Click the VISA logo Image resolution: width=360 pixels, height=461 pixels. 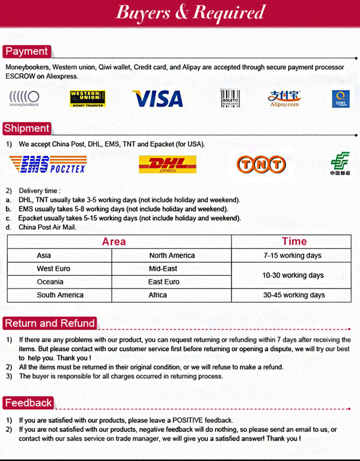coord(158,99)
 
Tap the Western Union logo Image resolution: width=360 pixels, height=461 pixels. coord(88,99)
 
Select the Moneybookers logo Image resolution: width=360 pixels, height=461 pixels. coord(24,99)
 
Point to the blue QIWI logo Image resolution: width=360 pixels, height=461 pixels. coord(341,99)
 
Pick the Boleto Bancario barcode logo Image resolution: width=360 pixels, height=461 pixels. coord(230,99)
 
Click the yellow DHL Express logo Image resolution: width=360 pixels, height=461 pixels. coord(167,164)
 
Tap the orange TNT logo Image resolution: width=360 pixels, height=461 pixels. coord(261,164)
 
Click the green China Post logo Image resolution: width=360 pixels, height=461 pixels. coord(340,163)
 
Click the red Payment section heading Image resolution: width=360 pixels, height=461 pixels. coord(27,52)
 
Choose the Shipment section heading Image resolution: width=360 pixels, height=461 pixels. coord(27,128)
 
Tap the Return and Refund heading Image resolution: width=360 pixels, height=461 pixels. coord(50,323)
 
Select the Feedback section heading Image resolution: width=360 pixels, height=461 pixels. coord(28,403)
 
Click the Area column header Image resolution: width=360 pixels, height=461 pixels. coord(114,242)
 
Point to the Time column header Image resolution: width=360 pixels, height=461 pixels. coord(294,242)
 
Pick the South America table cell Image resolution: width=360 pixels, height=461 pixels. coord(60,295)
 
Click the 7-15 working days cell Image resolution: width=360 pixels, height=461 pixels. coord(293,256)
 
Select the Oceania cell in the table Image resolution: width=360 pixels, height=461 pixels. coord(50,282)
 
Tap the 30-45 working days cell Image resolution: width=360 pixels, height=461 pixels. coord(294,295)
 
